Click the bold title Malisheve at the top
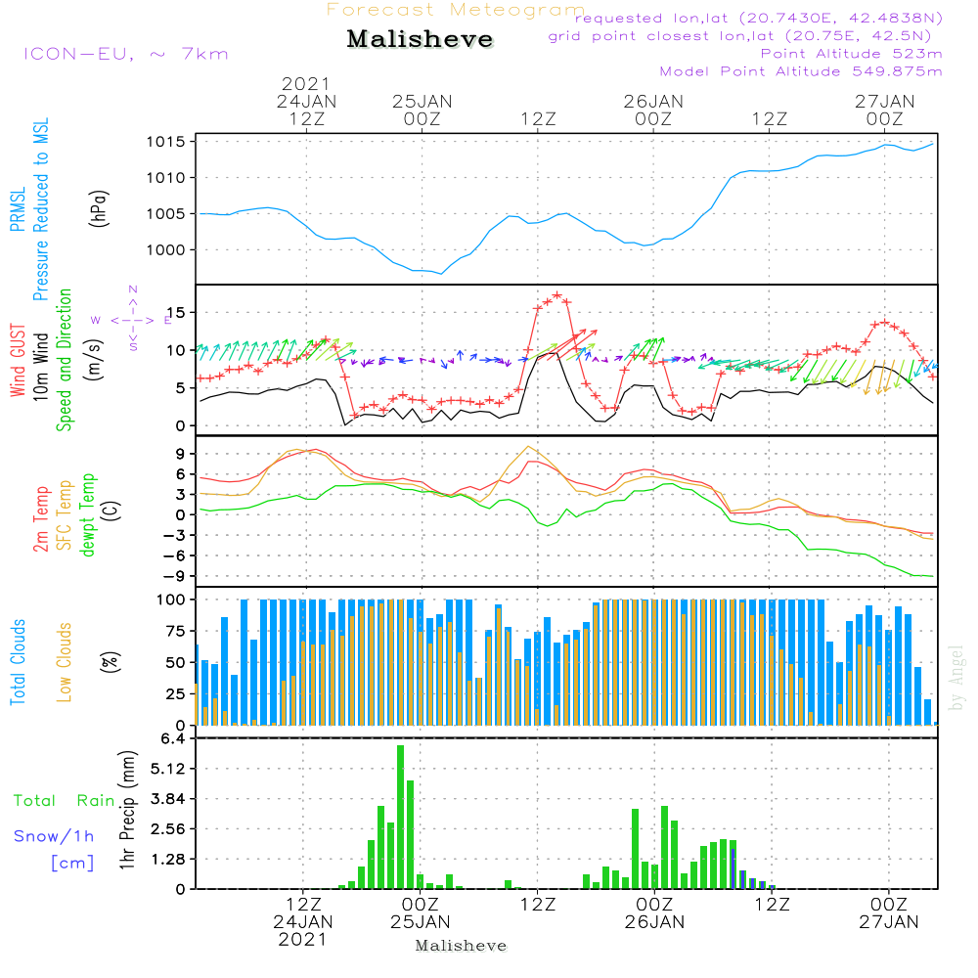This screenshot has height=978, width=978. pos(421,40)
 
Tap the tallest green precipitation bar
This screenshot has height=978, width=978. pos(400,817)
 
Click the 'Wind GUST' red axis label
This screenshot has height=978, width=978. pos(19,359)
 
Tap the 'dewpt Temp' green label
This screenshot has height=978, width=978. pos(88,514)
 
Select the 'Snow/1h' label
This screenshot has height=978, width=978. pos(55,836)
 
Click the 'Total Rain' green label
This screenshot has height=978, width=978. pos(64,801)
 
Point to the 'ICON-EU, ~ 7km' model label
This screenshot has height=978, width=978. pos(125,54)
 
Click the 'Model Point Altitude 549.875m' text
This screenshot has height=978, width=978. pos(801,71)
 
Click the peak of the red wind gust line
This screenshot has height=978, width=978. pos(557,293)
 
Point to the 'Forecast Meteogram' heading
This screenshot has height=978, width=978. pos(456,10)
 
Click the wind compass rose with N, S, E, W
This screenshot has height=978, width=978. pos(132,319)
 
